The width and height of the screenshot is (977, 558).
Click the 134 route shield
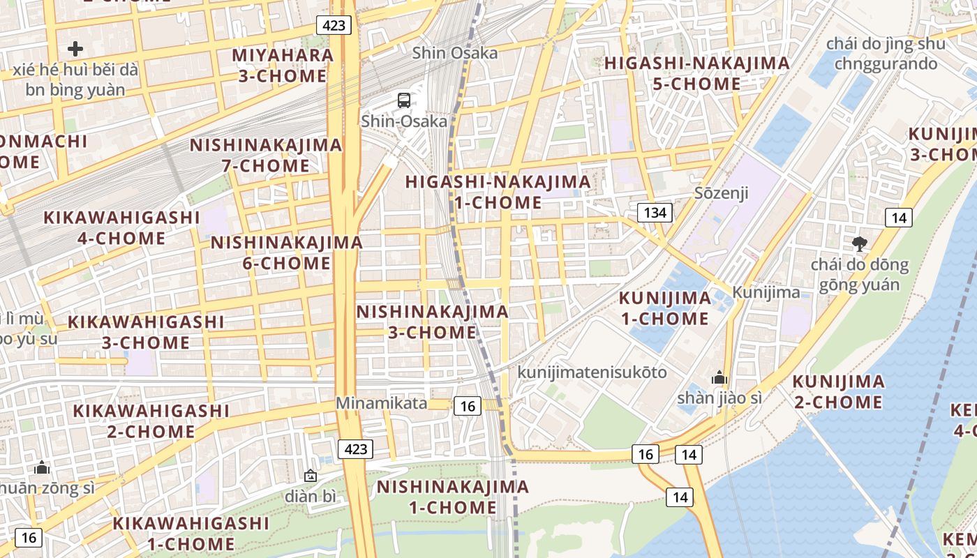(x=655, y=213)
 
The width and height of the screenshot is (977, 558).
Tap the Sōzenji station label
(x=721, y=193)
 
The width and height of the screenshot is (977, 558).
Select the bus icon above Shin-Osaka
(x=404, y=100)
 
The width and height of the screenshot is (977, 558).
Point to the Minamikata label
(x=381, y=403)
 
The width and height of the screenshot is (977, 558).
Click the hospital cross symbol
(x=75, y=49)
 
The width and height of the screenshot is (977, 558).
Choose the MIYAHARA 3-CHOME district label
(x=283, y=66)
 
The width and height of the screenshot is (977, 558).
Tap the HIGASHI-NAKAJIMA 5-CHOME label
(x=696, y=73)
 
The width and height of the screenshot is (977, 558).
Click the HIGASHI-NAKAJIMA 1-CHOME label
(x=498, y=193)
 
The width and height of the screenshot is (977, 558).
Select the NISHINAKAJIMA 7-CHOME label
(x=266, y=156)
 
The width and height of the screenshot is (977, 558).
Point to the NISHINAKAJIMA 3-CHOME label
(x=432, y=322)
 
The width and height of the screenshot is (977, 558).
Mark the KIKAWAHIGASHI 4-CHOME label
(x=121, y=227)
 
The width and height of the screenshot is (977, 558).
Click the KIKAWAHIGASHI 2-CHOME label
(x=151, y=421)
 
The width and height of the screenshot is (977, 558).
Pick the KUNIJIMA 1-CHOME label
(x=665, y=308)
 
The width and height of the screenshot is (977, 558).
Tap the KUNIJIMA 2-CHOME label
(x=838, y=391)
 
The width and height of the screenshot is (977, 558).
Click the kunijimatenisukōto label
(x=592, y=372)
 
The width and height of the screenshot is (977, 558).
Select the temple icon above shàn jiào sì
(x=719, y=379)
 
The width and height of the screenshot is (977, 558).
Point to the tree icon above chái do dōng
(x=859, y=244)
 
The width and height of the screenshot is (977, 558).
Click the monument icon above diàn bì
(x=311, y=476)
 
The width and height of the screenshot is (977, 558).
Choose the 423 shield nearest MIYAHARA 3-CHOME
(x=334, y=26)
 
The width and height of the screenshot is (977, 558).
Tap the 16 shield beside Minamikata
(x=468, y=405)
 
